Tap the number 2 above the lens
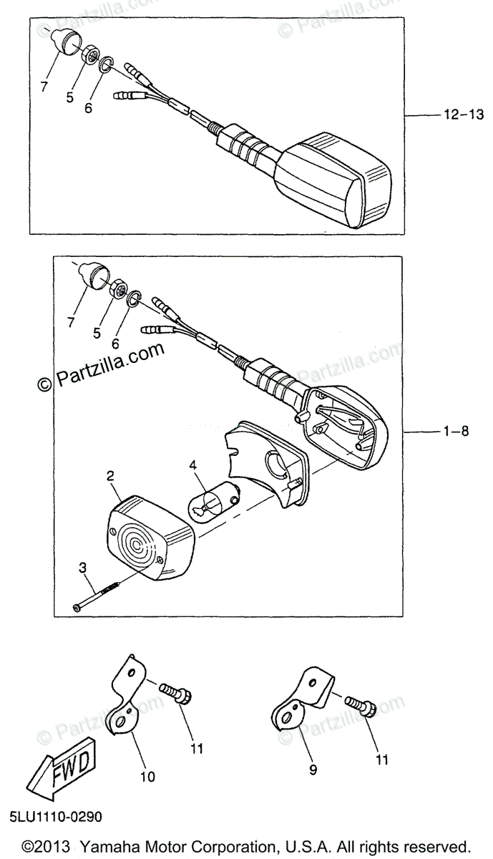click(110, 476)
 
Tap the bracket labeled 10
click(129, 699)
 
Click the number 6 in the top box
click(89, 109)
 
